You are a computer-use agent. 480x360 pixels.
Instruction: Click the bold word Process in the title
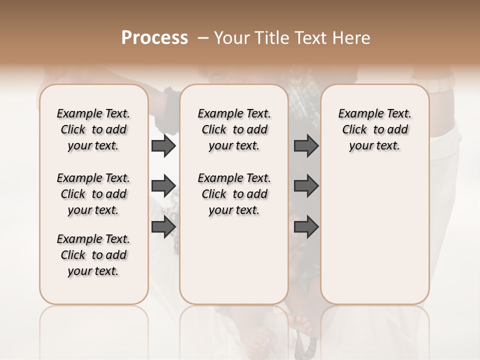click(154, 37)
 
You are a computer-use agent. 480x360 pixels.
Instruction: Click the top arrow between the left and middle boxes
click(163, 146)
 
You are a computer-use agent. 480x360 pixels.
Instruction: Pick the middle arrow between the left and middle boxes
click(163, 186)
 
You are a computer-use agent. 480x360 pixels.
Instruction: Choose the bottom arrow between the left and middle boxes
click(163, 227)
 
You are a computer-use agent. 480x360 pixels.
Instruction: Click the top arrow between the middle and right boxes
click(306, 146)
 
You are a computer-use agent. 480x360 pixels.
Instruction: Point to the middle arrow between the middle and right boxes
click(306, 186)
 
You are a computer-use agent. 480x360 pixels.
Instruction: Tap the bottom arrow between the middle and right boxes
click(306, 227)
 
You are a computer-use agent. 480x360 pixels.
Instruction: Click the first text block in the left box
click(93, 129)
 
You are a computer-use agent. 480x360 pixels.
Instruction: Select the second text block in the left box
click(93, 194)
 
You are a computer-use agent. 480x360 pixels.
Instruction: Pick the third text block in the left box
click(93, 255)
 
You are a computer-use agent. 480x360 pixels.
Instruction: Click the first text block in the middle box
click(234, 129)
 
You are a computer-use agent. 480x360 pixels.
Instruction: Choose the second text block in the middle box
click(234, 194)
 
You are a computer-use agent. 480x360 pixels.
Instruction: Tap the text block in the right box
click(375, 129)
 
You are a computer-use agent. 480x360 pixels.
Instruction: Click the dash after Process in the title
click(203, 37)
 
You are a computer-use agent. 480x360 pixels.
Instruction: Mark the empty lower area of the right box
click(375, 235)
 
